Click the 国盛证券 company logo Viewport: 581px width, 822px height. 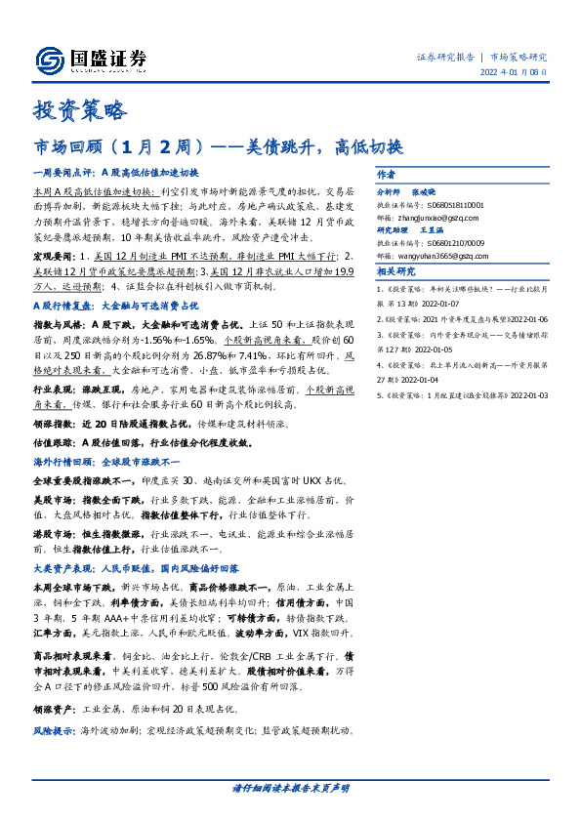pos(92,58)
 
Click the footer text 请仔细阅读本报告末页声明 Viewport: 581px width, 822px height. pos(290,787)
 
